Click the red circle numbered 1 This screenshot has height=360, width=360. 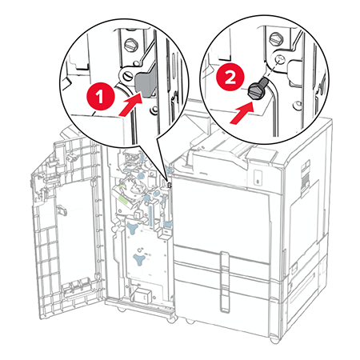101,96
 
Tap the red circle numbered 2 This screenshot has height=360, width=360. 230,78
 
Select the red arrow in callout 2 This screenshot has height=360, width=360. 242,113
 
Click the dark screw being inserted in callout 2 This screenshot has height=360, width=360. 258,89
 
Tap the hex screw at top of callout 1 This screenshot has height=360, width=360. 130,45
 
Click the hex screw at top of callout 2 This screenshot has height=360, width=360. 276,38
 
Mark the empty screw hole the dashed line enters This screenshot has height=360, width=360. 279,58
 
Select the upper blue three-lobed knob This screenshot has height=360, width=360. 133,229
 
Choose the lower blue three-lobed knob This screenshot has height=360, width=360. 139,259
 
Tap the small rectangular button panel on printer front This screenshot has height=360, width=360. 258,178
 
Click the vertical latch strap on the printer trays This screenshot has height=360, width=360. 225,282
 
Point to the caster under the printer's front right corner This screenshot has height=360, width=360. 274,339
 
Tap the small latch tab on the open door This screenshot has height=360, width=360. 62,210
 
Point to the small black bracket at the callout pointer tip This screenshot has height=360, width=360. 169,185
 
